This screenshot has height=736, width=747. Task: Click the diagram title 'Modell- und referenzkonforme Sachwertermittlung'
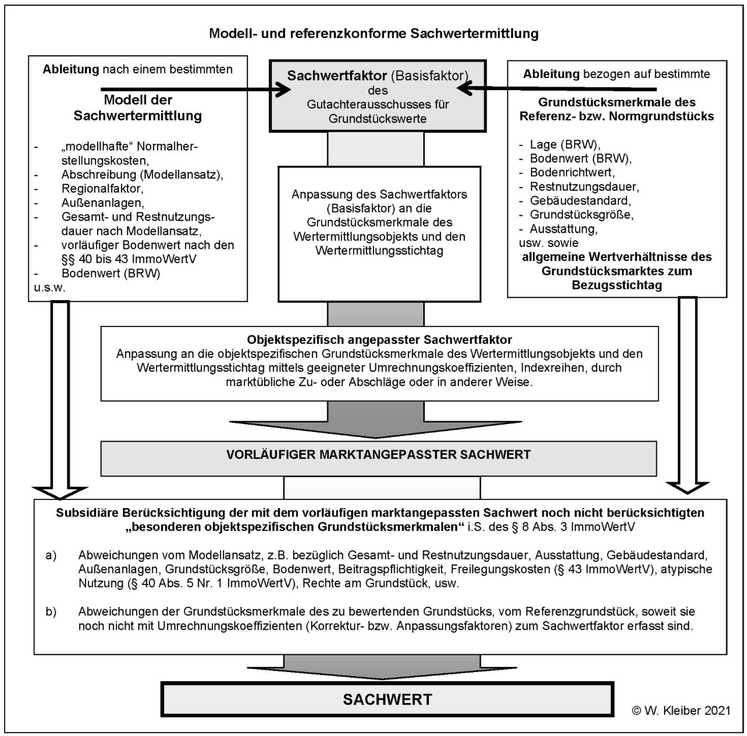click(x=374, y=34)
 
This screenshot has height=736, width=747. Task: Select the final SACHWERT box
click(x=387, y=699)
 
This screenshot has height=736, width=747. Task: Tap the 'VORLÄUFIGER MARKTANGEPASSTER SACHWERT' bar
click(x=378, y=454)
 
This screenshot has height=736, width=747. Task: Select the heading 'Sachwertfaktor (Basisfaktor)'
click(x=377, y=76)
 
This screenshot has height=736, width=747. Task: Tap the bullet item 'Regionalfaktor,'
click(x=102, y=188)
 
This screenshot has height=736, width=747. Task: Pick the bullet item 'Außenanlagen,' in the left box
click(x=103, y=203)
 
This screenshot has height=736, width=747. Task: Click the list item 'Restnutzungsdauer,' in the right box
click(x=584, y=187)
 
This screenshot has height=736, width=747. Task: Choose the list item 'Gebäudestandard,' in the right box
click(x=580, y=201)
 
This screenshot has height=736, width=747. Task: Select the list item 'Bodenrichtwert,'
click(x=572, y=172)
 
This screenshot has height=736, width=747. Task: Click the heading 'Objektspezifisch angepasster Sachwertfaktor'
click(x=379, y=340)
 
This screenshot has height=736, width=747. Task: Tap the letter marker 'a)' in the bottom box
click(x=51, y=555)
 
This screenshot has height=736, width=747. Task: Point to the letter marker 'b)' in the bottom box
click(x=51, y=612)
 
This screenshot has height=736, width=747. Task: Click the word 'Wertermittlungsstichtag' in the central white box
click(x=379, y=251)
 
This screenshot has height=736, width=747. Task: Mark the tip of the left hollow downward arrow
click(x=60, y=498)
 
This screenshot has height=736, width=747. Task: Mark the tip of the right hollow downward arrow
click(x=687, y=492)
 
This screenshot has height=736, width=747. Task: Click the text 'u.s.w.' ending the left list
click(x=50, y=288)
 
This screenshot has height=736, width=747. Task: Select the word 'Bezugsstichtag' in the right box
click(x=616, y=285)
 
